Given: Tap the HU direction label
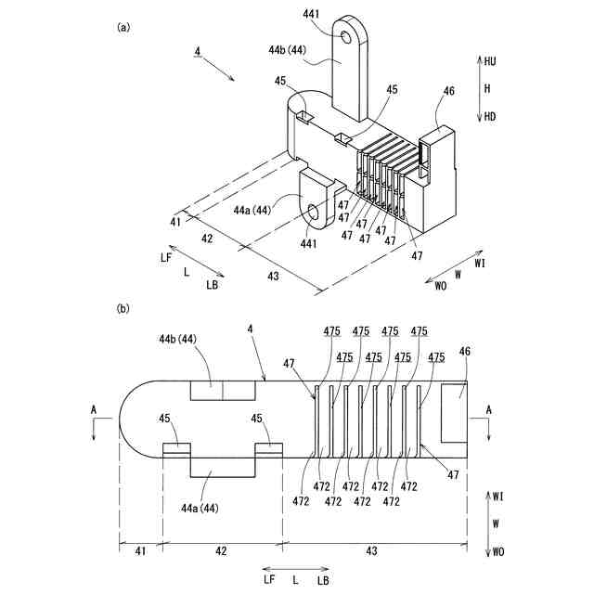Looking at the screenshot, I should (x=489, y=60).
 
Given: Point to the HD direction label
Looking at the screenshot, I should (x=489, y=116).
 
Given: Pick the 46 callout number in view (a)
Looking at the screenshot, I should (x=449, y=91).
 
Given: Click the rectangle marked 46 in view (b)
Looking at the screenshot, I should (x=455, y=411).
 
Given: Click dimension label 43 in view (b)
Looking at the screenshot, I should (x=371, y=551).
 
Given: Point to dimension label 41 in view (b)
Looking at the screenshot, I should (x=140, y=551).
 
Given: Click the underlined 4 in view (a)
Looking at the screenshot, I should (x=197, y=52).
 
